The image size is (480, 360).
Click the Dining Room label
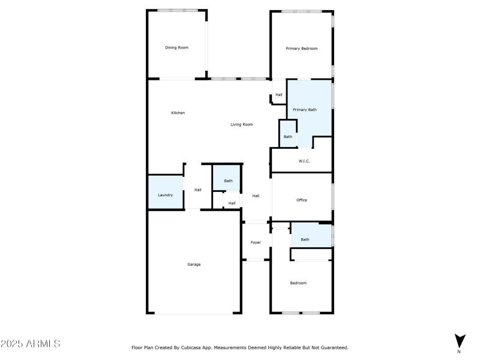click(177, 47)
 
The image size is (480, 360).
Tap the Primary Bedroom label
click(301, 49)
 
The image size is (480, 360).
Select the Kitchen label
click(178, 113)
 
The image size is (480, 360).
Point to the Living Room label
click(242, 125)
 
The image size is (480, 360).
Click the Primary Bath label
click(304, 110)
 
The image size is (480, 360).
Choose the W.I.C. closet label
click(304, 161)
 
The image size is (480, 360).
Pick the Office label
click(301, 200)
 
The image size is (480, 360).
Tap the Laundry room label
click(166, 195)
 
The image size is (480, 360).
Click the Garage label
click(194, 264)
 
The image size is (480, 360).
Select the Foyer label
click(256, 242)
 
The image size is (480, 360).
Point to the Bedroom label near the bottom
click(298, 283)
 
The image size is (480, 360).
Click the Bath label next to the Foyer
click(305, 239)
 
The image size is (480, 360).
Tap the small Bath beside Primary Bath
click(288, 137)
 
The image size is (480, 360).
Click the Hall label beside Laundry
click(197, 190)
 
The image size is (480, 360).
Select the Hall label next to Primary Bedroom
click(278, 95)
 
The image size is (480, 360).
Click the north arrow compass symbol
click(459, 341)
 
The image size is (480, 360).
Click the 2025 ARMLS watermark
click(30, 344)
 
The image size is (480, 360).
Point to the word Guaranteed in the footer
click(332, 347)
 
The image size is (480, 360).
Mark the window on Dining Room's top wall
click(178, 10)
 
